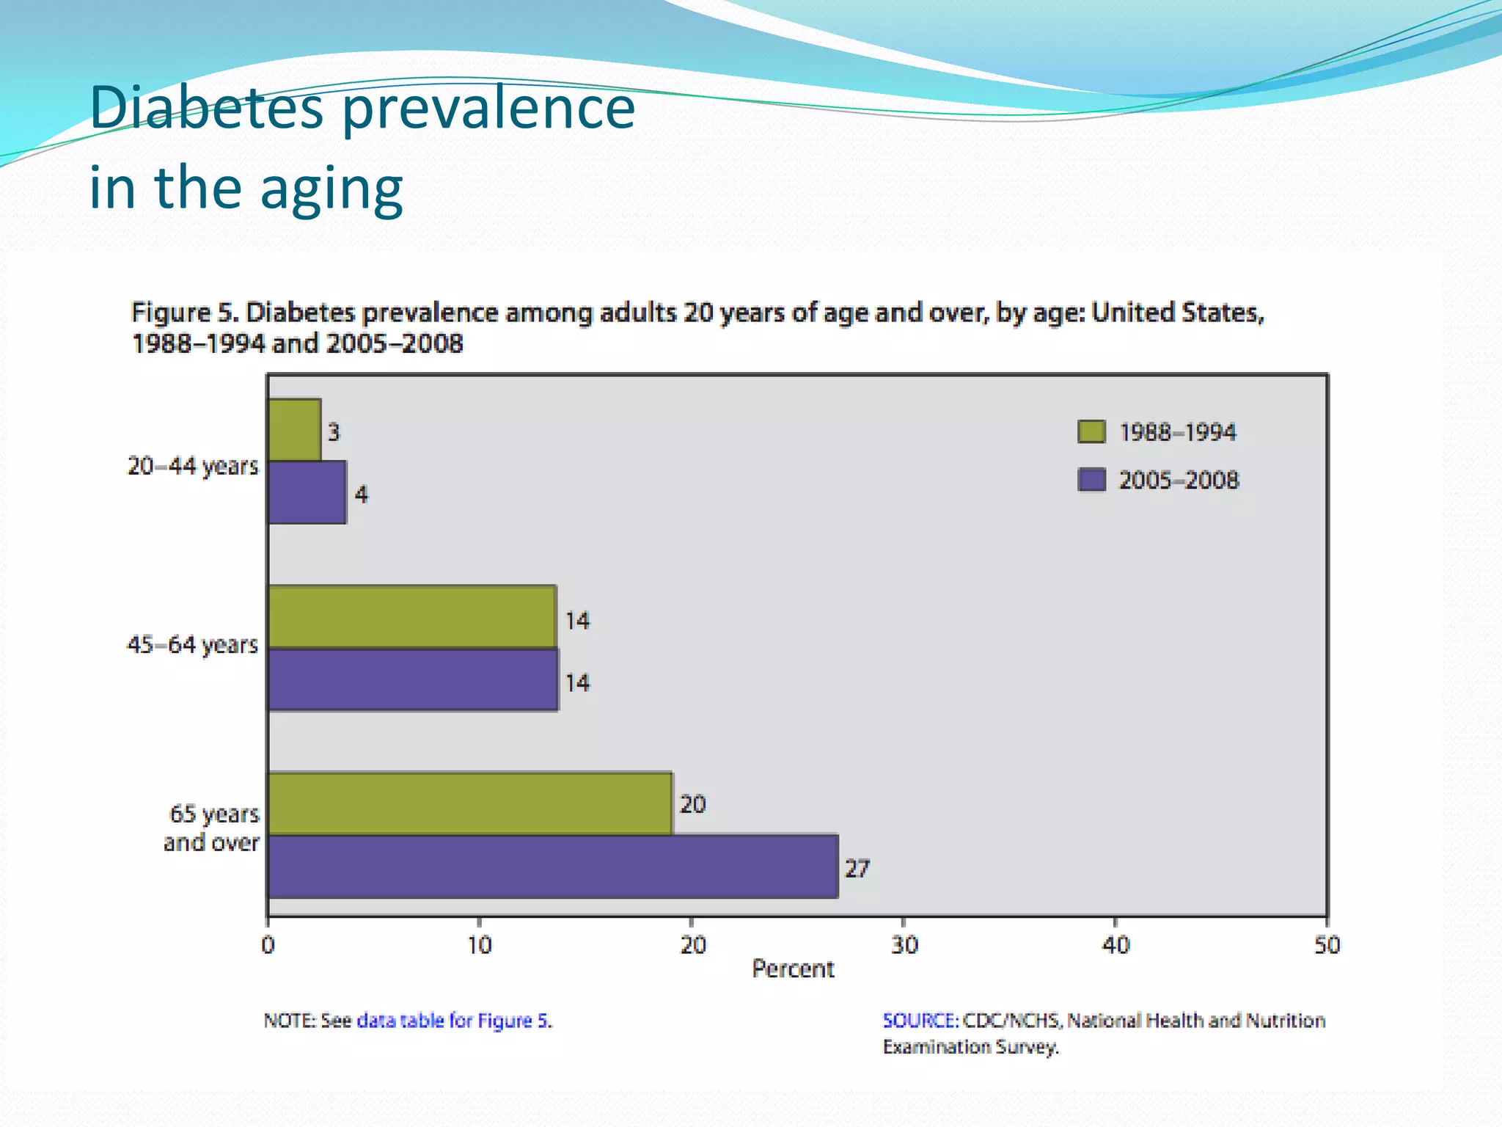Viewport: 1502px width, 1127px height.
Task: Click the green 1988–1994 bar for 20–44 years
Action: click(294, 430)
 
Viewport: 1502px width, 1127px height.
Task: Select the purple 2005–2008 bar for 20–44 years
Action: click(307, 492)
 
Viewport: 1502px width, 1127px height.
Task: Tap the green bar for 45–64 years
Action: click(412, 617)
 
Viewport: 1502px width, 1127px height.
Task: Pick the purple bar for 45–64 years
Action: click(413, 680)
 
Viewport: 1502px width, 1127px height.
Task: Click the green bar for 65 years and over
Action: click(469, 804)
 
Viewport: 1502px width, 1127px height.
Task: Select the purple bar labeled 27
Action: click(553, 867)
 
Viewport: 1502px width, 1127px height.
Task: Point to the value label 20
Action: click(692, 805)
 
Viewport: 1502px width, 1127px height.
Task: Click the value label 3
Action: click(334, 432)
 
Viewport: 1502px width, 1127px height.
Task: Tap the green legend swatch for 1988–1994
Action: click(1091, 431)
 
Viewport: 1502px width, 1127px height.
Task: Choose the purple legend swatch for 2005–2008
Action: click(1091, 480)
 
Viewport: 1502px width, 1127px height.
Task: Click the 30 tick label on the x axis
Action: click(904, 945)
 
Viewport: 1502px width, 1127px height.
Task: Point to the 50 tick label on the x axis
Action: click(1327, 945)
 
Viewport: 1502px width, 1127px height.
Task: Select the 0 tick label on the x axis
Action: click(268, 945)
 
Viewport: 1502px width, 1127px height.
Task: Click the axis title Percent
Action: click(793, 969)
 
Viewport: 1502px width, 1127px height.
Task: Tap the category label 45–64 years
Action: click(193, 645)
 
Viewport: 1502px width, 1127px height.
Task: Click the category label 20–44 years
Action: click(193, 466)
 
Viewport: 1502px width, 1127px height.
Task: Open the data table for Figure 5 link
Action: click(453, 1021)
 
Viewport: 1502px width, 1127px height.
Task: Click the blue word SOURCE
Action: click(920, 1021)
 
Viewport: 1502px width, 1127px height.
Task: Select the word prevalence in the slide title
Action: click(488, 109)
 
